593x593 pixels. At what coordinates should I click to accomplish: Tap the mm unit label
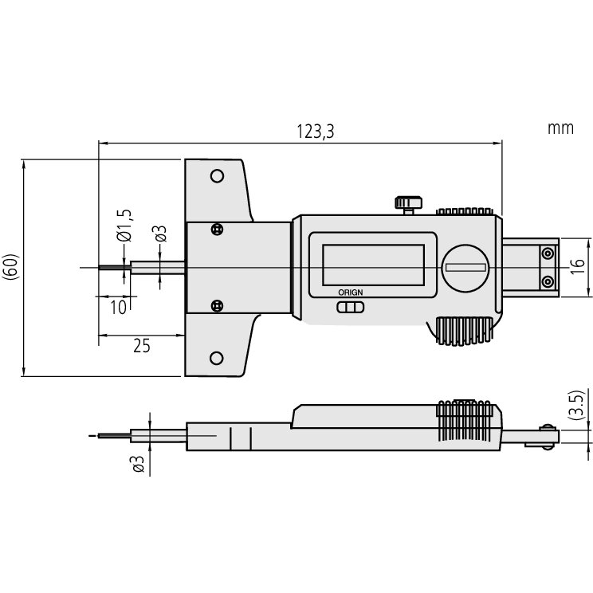pos(560,128)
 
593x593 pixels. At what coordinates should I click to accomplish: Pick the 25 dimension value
pos(141,345)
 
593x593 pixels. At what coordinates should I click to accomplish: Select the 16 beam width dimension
pos(579,268)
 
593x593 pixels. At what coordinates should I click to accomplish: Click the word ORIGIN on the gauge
pos(348,293)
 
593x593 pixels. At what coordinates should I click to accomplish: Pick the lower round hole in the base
pos(216,359)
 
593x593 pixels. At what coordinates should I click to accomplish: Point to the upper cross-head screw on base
pos(216,230)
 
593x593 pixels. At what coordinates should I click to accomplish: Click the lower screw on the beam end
pos(548,281)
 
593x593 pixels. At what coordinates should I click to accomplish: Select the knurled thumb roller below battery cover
pos(462,332)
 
